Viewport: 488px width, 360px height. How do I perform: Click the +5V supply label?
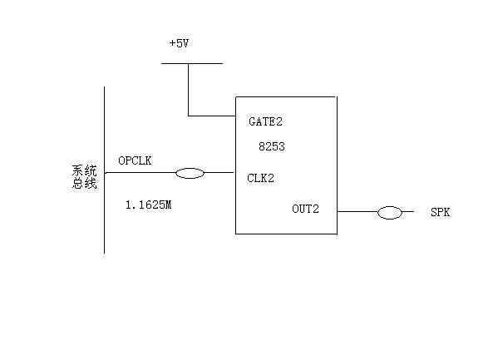(x=179, y=43)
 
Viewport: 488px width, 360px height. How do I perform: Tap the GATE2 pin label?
(x=265, y=121)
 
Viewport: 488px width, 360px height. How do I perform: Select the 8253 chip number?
(x=272, y=146)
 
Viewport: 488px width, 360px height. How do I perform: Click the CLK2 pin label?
(x=260, y=178)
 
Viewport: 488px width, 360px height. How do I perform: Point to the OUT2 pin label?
(x=305, y=209)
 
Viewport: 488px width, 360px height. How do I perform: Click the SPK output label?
(x=440, y=212)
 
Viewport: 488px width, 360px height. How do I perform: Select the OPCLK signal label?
(x=135, y=160)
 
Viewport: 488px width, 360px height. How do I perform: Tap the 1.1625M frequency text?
(x=149, y=205)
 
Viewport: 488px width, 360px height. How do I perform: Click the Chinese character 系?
(x=78, y=170)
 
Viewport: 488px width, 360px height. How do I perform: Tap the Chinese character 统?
(x=91, y=170)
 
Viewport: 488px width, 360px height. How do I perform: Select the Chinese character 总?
(x=78, y=183)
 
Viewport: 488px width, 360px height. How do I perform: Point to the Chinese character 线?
(x=91, y=183)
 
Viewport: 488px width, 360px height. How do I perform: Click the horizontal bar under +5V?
(x=192, y=63)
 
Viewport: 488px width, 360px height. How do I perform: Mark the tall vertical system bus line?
(x=104, y=170)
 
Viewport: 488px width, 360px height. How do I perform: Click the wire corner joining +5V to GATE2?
(x=188, y=116)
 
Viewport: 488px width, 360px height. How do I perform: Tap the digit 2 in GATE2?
(x=279, y=121)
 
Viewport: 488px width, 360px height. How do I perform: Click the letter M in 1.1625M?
(x=168, y=205)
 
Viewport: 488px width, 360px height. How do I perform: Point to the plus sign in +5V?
(x=172, y=43)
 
